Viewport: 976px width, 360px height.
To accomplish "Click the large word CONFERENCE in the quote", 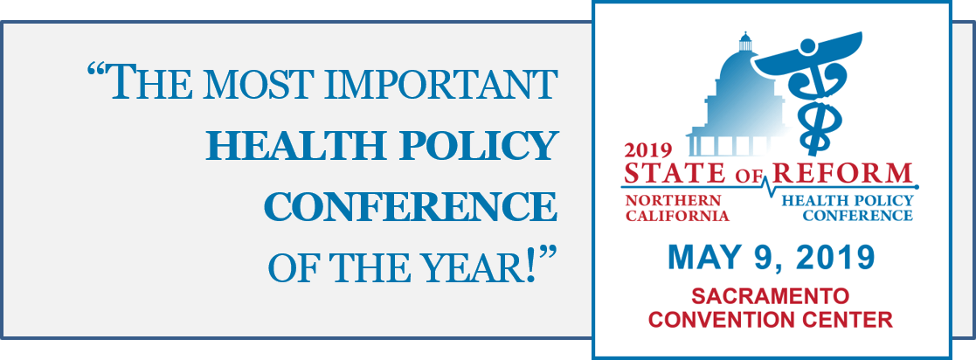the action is click(x=410, y=208).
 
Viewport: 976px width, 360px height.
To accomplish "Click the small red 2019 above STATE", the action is click(x=648, y=150).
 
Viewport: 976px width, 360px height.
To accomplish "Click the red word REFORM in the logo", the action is click(x=842, y=172).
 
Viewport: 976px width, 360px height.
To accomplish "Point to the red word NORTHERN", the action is click(x=673, y=201).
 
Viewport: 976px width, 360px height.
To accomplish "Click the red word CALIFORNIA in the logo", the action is click(x=676, y=216).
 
